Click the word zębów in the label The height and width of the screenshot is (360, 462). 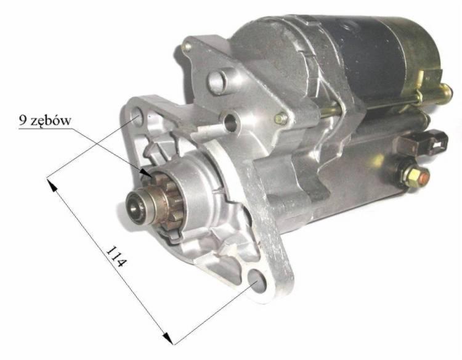coord(52,121)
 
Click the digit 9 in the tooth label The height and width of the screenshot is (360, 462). coord(23,120)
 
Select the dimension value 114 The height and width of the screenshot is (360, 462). coord(116,256)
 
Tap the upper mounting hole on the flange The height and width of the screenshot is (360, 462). coord(137,116)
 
